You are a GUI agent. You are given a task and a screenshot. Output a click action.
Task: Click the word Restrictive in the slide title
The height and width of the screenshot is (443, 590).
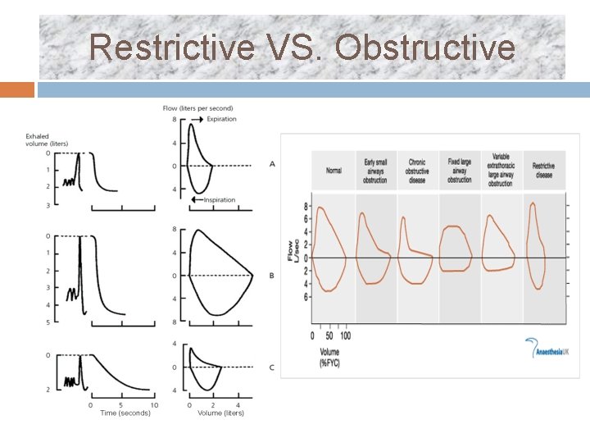pos(172,48)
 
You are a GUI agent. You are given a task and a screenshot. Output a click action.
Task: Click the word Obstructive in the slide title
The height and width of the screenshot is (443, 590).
pos(425,48)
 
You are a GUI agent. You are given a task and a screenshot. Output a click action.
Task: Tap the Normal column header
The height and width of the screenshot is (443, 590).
pos(334,171)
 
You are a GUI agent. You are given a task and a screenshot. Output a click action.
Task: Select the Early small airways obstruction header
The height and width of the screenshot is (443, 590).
pos(375,171)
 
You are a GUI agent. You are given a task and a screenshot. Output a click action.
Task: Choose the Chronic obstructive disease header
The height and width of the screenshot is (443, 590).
pos(417,171)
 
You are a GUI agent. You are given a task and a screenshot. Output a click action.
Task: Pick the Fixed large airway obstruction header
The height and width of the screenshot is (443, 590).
pos(459,171)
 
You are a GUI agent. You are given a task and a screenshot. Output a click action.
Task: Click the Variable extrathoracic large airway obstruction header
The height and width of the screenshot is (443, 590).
pos(501,170)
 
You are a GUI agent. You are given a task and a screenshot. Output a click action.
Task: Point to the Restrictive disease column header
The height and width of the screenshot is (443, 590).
pos(543,171)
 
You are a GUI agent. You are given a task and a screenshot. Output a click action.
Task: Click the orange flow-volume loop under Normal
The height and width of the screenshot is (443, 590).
pos(330,250)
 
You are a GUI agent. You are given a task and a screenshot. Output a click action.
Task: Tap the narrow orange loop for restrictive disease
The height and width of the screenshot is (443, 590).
pos(537,246)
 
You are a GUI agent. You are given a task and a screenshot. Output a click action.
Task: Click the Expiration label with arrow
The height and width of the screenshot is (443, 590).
pos(216,119)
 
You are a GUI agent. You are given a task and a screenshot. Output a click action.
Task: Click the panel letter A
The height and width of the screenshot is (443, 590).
pos(271,164)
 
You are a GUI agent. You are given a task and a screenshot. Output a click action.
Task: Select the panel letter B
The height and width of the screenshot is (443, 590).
pos(271,276)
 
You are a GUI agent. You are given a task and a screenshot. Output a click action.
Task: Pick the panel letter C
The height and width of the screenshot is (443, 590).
pos(271,368)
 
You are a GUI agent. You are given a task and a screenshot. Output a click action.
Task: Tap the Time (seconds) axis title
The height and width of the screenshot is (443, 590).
pos(125,413)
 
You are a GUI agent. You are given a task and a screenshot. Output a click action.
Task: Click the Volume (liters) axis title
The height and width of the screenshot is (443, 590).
pos(220,413)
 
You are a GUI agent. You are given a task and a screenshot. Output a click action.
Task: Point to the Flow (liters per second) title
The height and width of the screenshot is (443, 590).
pos(197,108)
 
